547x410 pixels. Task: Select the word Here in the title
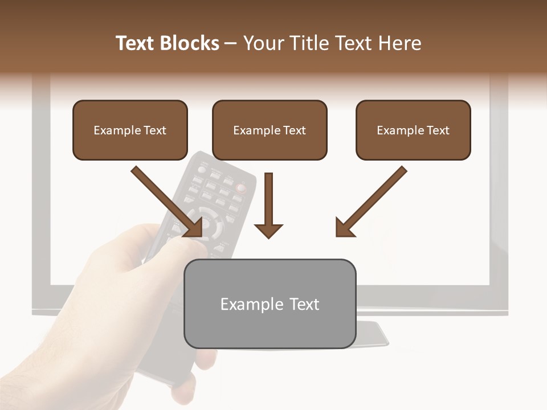pyautogui.click(x=399, y=43)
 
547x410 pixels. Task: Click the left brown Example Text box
pyautogui.click(x=130, y=130)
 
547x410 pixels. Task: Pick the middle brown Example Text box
pyautogui.click(x=270, y=130)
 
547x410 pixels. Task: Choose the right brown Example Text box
pyautogui.click(x=413, y=130)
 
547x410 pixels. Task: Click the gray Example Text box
pyautogui.click(x=270, y=304)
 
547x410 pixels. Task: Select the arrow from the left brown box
pyautogui.click(x=168, y=202)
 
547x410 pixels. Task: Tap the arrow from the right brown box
pyautogui.click(x=370, y=202)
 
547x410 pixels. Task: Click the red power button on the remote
pyautogui.click(x=242, y=186)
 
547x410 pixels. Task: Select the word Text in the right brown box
pyautogui.click(x=438, y=130)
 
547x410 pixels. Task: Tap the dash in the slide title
pyautogui.click(x=231, y=43)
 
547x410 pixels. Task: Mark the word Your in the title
pyautogui.click(x=262, y=43)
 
